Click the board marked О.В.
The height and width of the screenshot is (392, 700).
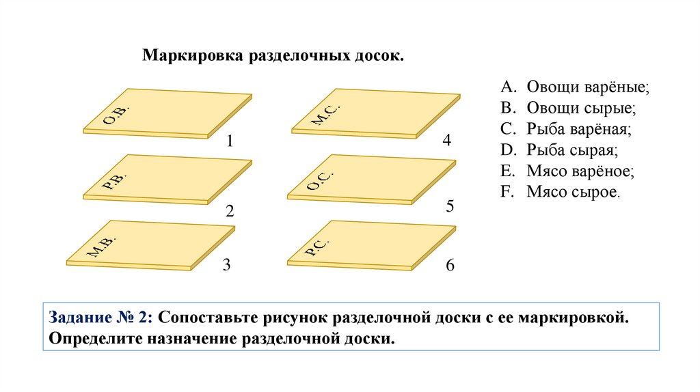pos(167,112)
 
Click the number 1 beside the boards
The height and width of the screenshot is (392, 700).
pos(230,142)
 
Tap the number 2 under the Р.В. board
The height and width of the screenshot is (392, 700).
pos(230,212)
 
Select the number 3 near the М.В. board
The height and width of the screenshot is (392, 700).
pos(226,266)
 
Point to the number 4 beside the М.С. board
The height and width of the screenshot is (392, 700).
pos(447,141)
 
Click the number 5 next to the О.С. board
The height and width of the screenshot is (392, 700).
pos(450,206)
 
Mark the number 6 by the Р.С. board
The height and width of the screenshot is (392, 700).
pos(450,266)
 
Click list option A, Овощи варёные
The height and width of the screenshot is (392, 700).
pos(574,87)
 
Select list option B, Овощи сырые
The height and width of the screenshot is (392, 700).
pos(568,108)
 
